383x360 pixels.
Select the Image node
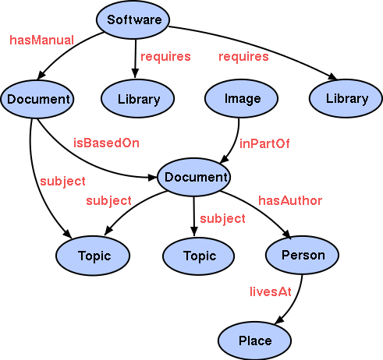pos(242,99)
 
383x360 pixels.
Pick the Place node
pos(255,341)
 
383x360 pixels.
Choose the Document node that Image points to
pos(193,177)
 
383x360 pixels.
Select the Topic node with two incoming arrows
pos(94,255)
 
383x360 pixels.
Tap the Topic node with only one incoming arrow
pos(199,255)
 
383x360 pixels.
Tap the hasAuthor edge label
pos(290,200)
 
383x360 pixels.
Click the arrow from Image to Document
pos(233,140)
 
